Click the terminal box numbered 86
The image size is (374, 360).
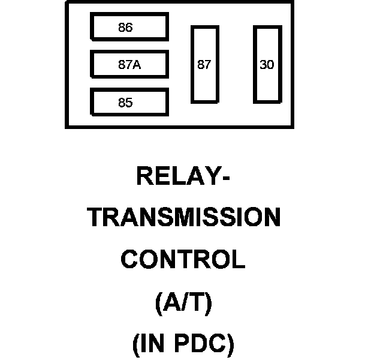click(x=129, y=27)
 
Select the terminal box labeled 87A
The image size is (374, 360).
click(x=129, y=65)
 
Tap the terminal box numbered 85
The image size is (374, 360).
click(x=129, y=102)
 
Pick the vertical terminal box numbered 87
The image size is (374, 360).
click(x=204, y=64)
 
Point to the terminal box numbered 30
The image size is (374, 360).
click(x=267, y=64)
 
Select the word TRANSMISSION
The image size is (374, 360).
click(x=184, y=218)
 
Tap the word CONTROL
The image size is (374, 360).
click(x=183, y=260)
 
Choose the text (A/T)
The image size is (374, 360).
click(x=183, y=303)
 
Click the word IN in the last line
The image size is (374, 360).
click(x=153, y=344)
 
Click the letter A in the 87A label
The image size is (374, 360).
click(x=137, y=65)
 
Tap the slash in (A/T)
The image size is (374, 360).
click(x=184, y=303)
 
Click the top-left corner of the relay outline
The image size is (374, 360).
click(x=66, y=2)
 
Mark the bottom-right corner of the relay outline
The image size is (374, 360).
click(x=292, y=127)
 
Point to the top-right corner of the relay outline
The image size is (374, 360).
click(x=292, y=2)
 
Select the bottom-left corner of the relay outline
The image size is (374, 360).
click(x=66, y=127)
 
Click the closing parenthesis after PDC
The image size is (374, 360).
click(x=230, y=344)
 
